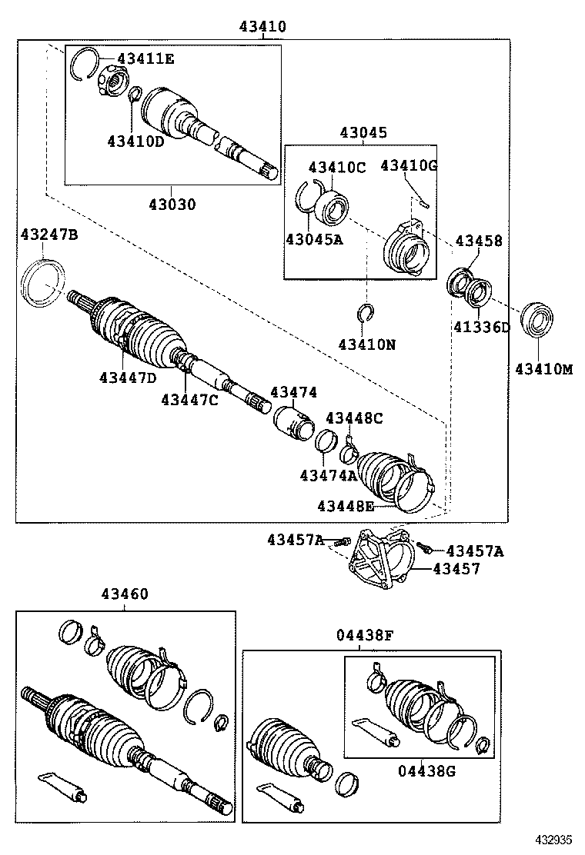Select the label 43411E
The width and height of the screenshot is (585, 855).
[145, 58]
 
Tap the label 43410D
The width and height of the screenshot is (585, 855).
[136, 141]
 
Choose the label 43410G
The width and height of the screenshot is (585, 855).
[409, 165]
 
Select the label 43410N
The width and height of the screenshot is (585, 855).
[367, 344]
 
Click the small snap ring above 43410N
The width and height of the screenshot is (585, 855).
[366, 311]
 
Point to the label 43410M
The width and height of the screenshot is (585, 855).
[544, 369]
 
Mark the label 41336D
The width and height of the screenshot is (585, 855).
[481, 328]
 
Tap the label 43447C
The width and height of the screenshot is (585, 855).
[189, 399]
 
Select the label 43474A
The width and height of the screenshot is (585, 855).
[329, 476]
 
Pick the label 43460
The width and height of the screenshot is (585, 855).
[124, 594]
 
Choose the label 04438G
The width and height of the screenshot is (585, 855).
[427, 770]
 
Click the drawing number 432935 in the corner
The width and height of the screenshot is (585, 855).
[553, 840]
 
